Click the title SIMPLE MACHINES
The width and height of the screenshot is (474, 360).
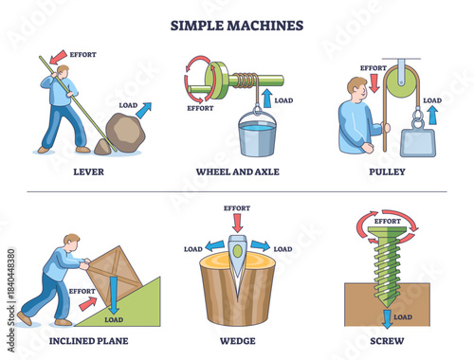tap(237, 24)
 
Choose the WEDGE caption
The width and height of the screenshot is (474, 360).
tap(237, 340)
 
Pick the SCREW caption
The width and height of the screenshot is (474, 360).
tap(392, 340)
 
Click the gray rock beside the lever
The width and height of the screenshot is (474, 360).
tap(124, 134)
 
